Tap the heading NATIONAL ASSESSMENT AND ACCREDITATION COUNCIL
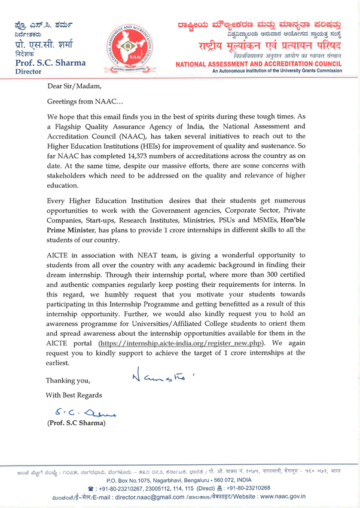258,63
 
